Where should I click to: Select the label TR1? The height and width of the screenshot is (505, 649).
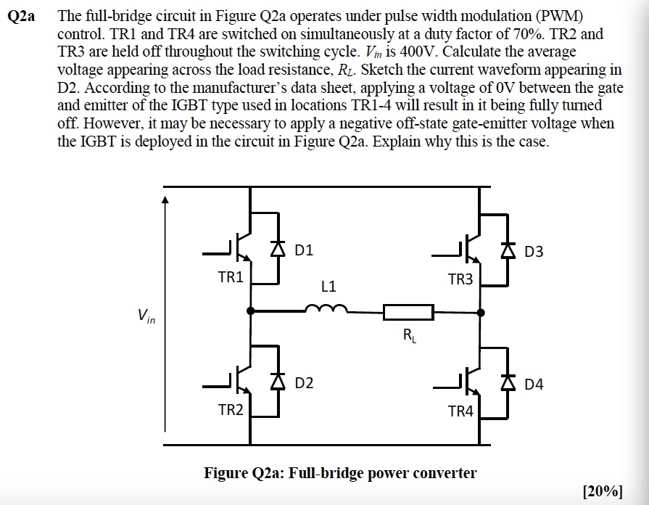[x=231, y=277]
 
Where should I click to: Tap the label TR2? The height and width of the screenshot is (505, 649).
[x=231, y=410]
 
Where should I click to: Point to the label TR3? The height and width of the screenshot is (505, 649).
[x=460, y=279]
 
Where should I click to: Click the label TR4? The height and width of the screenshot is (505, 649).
[x=460, y=411]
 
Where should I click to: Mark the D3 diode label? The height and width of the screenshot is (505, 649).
[x=533, y=252]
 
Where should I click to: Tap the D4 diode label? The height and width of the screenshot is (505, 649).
[x=533, y=384]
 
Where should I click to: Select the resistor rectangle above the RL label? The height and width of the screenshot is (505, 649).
[x=408, y=313]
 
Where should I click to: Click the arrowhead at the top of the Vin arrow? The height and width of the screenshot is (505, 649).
[x=165, y=200]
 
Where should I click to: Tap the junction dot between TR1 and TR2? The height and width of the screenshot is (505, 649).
[x=250, y=311]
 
